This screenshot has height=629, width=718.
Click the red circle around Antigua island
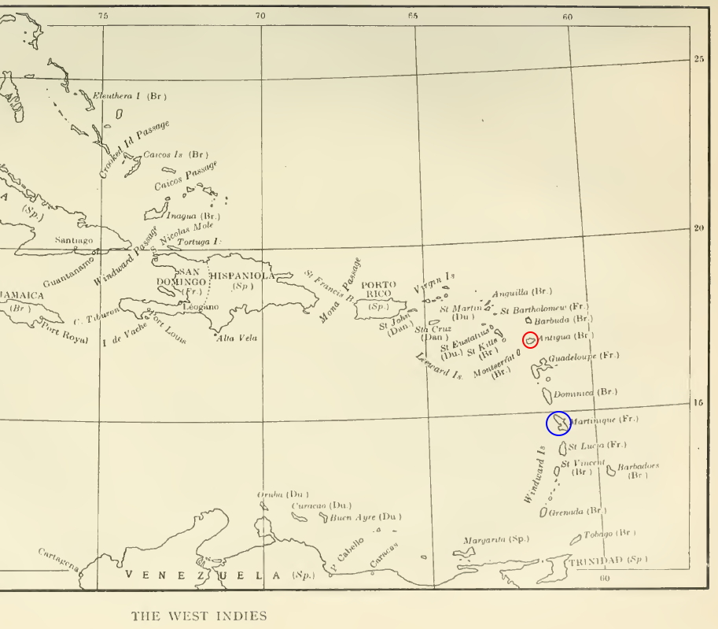point(530,339)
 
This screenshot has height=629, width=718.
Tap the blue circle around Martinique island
point(558,424)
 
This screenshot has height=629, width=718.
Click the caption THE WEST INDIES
point(199,616)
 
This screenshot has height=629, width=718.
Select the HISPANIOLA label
point(241,276)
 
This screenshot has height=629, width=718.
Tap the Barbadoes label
point(638,467)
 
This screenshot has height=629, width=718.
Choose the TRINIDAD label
point(595,561)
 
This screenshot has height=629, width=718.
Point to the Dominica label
point(574,393)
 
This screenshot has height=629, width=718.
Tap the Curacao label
point(312,505)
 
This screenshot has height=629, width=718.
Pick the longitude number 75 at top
point(103,15)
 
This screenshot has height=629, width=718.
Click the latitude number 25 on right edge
point(699,59)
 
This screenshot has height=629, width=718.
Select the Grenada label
point(566,512)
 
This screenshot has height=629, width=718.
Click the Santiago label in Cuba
point(74,240)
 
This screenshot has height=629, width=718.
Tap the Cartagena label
point(58,559)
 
